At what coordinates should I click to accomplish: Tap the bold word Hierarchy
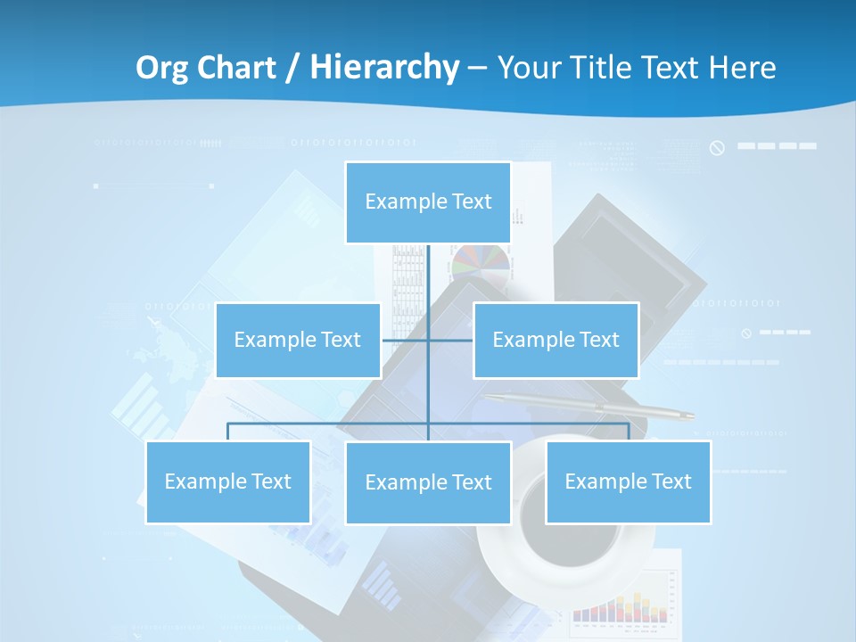coord(384,68)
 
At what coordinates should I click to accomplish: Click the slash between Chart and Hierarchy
coord(292,68)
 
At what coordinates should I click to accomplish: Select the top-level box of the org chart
coord(428,202)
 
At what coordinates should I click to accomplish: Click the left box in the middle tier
coord(298,340)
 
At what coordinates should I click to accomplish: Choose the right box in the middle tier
coord(556,340)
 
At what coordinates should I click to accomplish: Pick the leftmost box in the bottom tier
coord(227,481)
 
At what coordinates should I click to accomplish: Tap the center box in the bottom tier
coord(428,482)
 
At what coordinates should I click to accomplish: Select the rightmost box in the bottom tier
coord(628,481)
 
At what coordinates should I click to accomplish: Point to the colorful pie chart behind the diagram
coord(481,265)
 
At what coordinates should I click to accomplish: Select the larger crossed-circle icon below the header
coord(717,147)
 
